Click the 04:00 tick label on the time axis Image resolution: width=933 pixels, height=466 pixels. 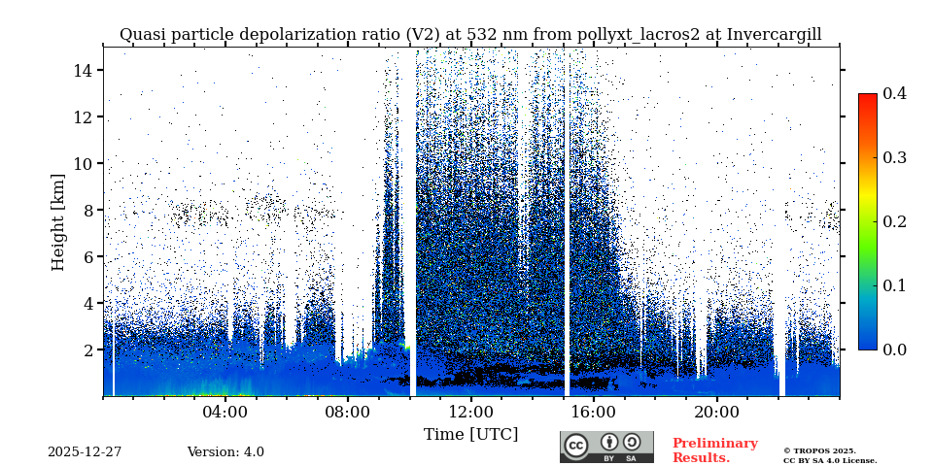225,412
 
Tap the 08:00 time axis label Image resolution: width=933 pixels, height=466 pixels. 348,412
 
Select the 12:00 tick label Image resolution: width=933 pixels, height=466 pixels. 470,412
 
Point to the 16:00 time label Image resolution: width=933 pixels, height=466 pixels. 594,412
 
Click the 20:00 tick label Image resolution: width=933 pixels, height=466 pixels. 716,412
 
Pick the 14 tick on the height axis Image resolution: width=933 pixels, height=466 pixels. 82,70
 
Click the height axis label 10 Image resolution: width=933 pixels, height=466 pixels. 82,163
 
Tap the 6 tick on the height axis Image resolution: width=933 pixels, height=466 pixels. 86,256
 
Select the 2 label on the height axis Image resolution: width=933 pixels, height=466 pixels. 86,349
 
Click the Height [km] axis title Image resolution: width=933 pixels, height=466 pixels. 58,221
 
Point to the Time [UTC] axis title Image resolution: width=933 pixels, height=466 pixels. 470,434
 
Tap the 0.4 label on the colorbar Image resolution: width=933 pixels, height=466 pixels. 894,93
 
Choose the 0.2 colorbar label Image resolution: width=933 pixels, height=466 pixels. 894,221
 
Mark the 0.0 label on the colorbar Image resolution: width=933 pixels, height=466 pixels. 894,349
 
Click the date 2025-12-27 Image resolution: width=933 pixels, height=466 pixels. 85,452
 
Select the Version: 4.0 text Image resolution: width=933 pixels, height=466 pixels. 225,452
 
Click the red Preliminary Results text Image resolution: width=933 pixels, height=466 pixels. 714,450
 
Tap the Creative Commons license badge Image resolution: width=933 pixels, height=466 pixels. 606,447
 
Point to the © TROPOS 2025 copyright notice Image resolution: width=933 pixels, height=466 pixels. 819,450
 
